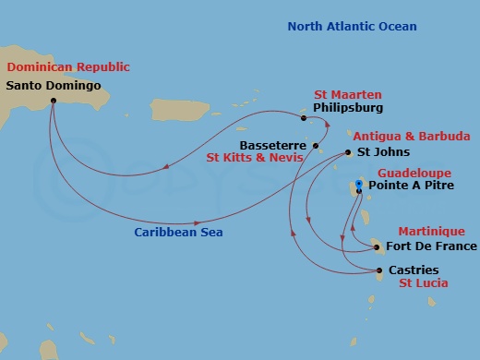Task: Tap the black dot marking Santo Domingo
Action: click(x=53, y=101)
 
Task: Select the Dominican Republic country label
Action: click(x=68, y=67)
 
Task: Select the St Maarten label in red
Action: click(x=347, y=94)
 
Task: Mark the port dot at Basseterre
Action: click(x=316, y=146)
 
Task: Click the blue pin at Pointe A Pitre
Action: click(x=359, y=183)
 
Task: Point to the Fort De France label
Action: click(x=431, y=246)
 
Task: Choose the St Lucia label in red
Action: click(x=424, y=283)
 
